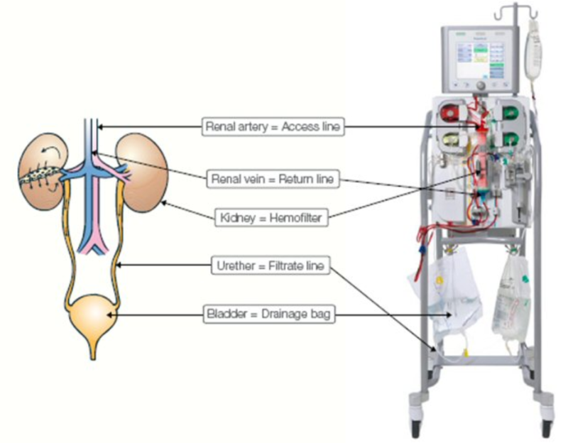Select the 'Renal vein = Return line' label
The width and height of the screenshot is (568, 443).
[x=273, y=179]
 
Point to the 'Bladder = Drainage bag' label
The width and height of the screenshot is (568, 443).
[x=273, y=314]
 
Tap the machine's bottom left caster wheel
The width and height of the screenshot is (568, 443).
[x=415, y=427]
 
